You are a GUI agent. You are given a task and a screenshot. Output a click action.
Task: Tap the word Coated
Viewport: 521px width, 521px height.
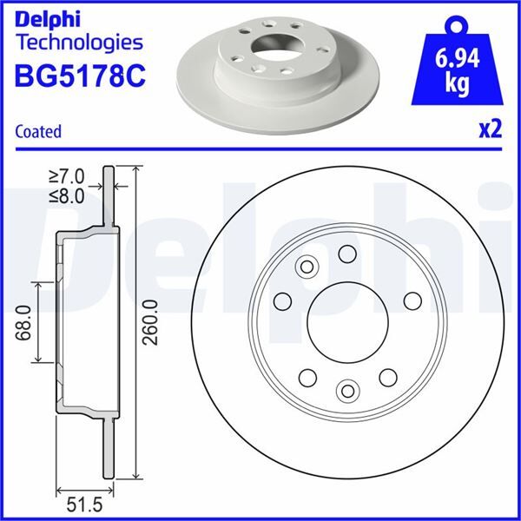38,131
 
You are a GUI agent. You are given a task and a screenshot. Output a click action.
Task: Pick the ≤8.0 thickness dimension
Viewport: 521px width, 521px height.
68,195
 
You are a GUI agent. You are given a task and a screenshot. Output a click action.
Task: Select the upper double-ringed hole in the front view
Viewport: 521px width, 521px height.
306,266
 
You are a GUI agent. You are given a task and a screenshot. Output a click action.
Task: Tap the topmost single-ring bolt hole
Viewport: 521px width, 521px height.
347,253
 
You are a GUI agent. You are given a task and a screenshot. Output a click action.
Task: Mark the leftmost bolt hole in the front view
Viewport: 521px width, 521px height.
281,300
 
